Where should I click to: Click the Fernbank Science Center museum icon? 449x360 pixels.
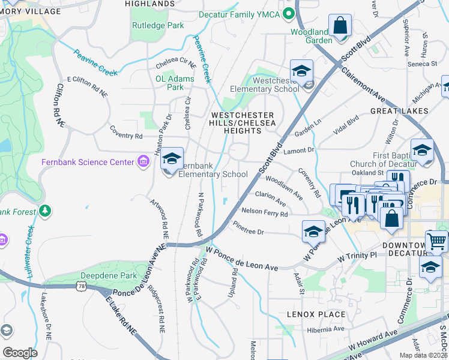142,162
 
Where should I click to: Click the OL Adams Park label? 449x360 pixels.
175,83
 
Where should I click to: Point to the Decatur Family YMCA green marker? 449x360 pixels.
289,13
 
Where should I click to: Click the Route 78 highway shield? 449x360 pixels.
89,287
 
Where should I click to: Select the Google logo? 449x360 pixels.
20,353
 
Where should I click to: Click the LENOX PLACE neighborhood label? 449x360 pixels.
316,314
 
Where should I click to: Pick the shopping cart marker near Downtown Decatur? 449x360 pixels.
437,242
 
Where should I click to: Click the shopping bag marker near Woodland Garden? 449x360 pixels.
340,27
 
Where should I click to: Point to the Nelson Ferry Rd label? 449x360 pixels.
264,212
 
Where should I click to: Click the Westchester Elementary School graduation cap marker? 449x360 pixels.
301,72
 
